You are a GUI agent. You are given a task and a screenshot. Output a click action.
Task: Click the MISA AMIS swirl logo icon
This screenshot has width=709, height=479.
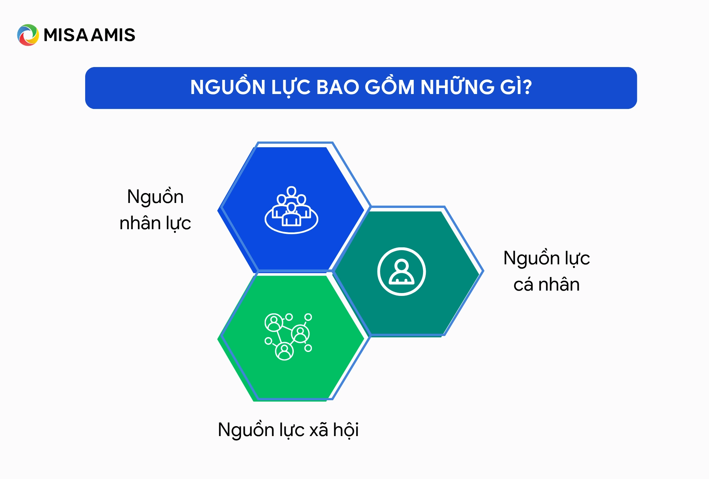(x=28, y=35)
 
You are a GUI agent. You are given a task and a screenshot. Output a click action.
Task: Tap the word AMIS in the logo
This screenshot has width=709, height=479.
(x=113, y=35)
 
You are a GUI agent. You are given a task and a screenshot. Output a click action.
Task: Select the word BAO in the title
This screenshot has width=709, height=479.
(x=337, y=87)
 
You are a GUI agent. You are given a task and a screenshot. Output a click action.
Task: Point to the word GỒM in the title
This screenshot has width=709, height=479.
(x=389, y=87)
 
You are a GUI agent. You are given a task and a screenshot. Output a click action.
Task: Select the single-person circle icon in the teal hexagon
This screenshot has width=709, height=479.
(x=401, y=271)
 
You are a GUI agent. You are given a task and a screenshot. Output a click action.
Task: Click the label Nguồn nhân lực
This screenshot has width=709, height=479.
(x=155, y=210)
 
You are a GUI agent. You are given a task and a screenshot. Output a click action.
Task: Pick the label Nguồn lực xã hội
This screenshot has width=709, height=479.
(x=288, y=430)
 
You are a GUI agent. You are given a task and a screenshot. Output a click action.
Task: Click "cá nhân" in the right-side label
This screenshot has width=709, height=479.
(x=546, y=285)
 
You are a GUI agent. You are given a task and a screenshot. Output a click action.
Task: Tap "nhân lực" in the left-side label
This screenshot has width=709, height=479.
(x=155, y=223)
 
